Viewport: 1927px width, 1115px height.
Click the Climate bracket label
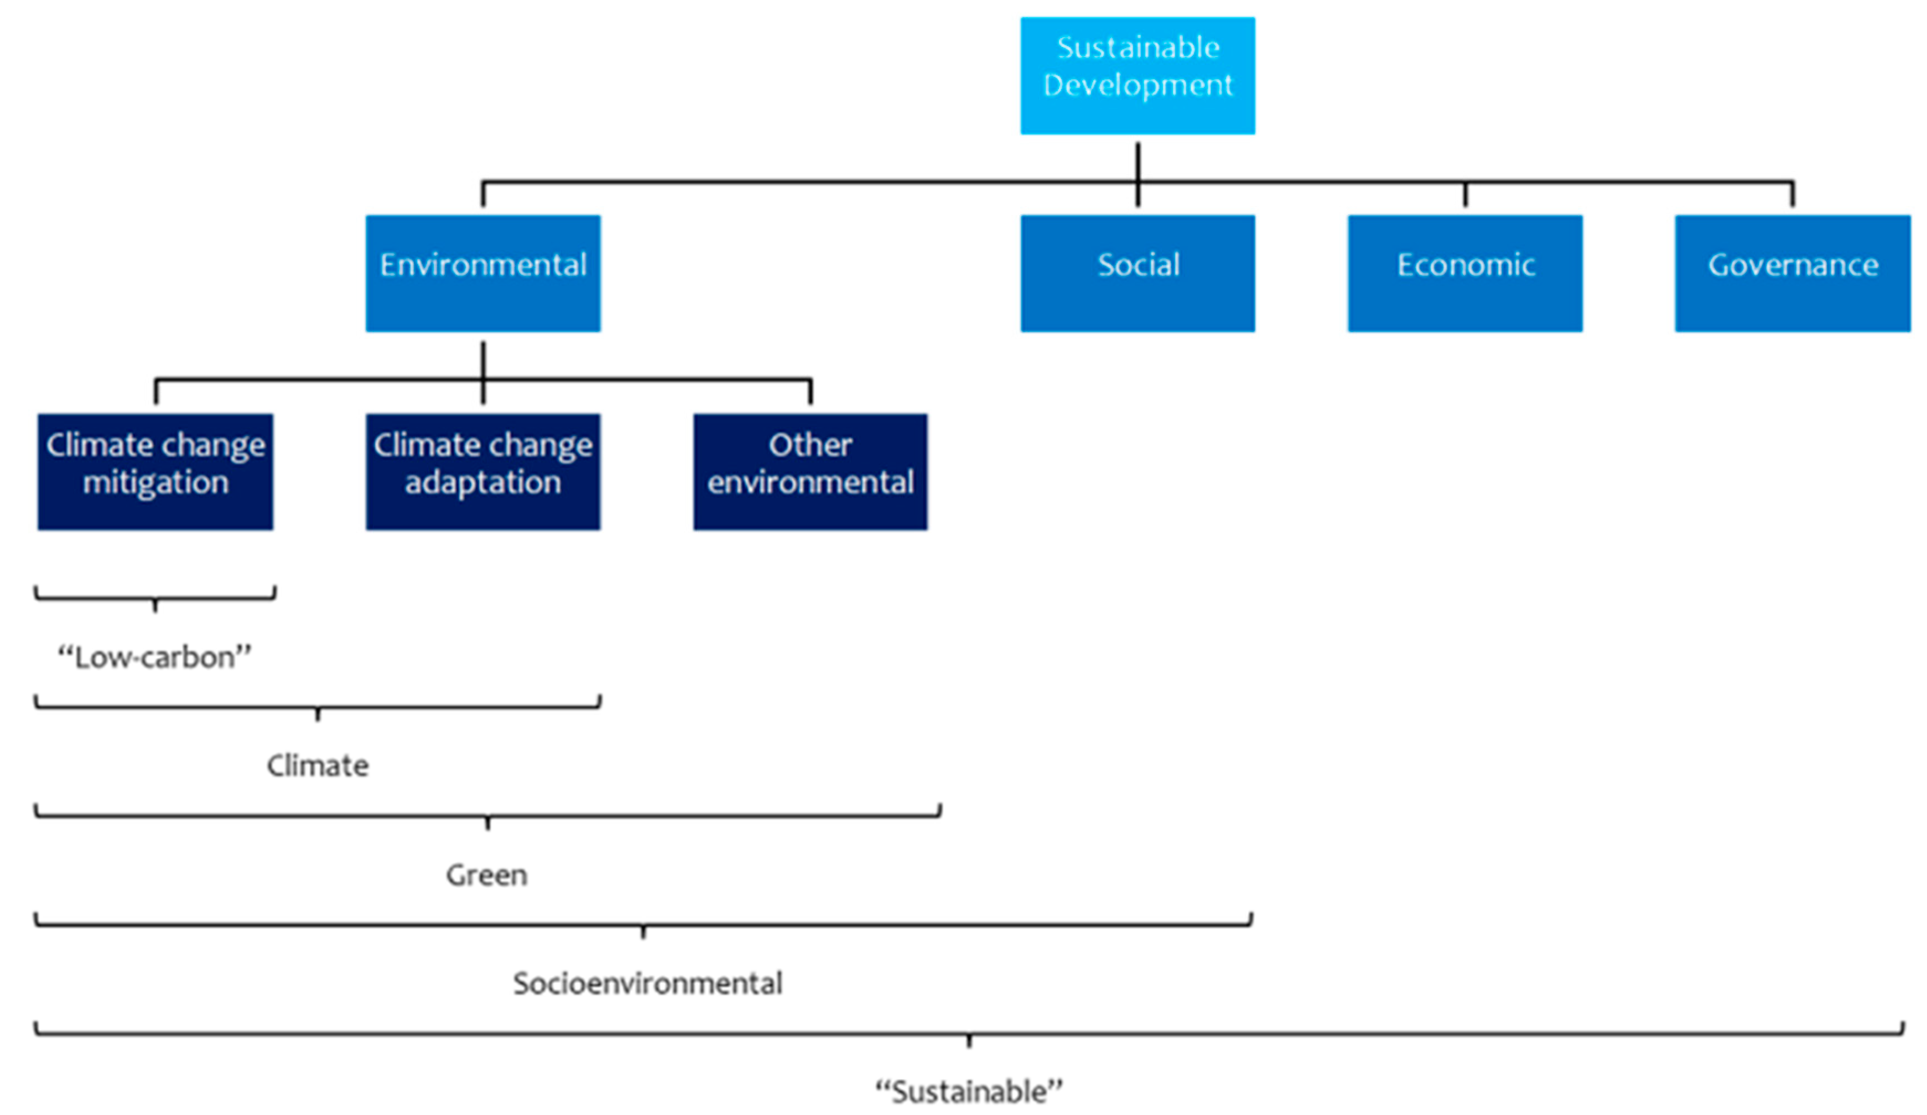point(318,765)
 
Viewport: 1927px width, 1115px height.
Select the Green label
point(486,874)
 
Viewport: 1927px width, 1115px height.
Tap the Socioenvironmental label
point(647,983)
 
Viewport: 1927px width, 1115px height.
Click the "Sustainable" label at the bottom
point(969,1091)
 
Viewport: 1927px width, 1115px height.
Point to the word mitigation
point(156,483)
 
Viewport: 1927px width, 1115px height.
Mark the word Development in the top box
point(1137,85)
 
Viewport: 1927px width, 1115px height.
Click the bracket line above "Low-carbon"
point(92,598)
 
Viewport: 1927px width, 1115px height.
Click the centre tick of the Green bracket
point(487,823)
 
